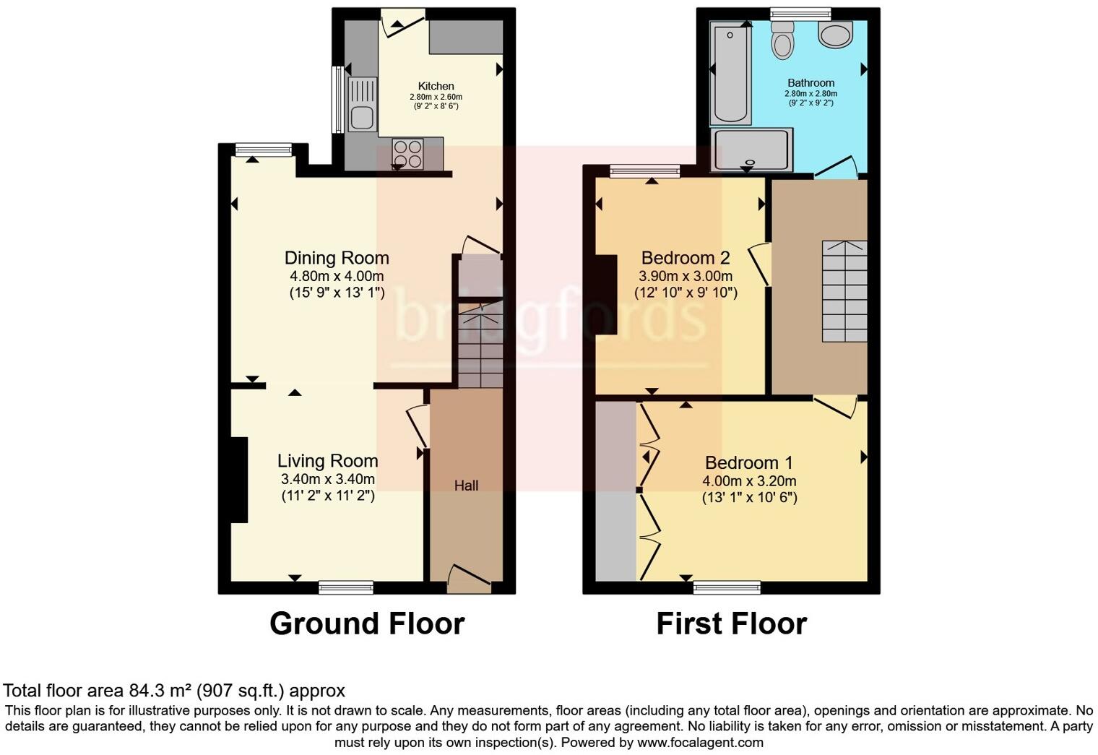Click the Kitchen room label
[x=436, y=86]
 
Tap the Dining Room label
[x=337, y=258]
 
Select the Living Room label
[x=327, y=461]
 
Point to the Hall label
[x=466, y=486]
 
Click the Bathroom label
[x=810, y=83]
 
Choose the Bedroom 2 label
[x=685, y=258]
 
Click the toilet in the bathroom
[x=782, y=40]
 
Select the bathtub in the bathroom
[x=731, y=72]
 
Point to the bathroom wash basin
[x=836, y=33]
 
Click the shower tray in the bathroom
[x=752, y=150]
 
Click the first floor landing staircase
[x=844, y=290]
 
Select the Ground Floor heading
[x=367, y=624]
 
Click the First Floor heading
[x=731, y=624]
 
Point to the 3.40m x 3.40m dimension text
[x=327, y=479]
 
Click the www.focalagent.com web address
[x=699, y=742]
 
